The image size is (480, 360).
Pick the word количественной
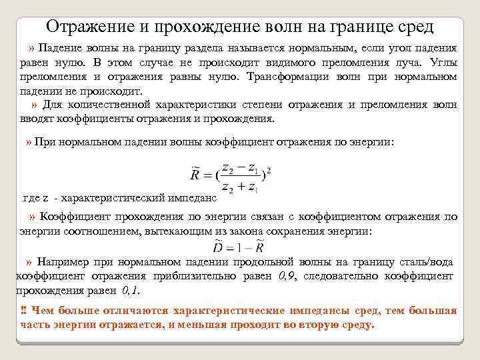tap(110, 105)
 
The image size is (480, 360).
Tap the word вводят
tap(34, 119)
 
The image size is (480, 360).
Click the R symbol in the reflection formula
tap(195, 175)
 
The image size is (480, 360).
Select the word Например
tap(64, 261)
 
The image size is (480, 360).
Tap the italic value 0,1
tap(131, 291)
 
